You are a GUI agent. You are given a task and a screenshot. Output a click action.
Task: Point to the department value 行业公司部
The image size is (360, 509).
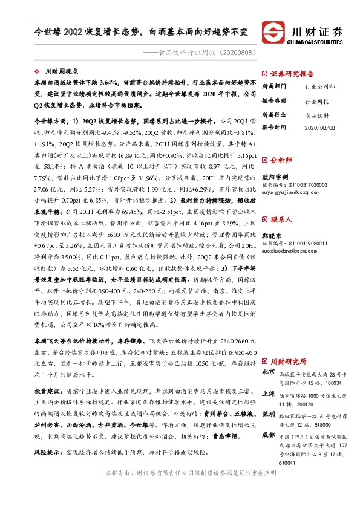tap(319, 87)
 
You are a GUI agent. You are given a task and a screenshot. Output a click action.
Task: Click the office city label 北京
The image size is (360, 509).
tap(269, 374)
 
